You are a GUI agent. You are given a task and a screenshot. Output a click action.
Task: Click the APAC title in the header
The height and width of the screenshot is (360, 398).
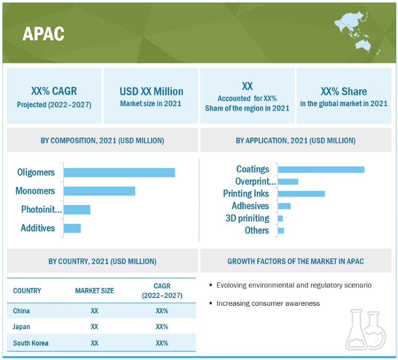click(x=44, y=34)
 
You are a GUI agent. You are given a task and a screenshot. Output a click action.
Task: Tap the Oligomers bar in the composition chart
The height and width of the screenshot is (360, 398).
click(x=119, y=172)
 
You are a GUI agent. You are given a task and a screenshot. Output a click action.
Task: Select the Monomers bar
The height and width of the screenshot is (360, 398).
click(x=99, y=191)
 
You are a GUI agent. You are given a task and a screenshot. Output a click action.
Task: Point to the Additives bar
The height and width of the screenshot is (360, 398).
click(x=72, y=228)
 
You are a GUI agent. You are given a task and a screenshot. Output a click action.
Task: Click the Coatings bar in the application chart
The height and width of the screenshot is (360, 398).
click(x=321, y=169)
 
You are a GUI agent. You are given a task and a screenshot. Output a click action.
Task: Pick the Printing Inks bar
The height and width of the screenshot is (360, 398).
click(x=301, y=194)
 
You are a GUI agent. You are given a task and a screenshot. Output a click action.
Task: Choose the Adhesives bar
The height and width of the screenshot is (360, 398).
click(x=284, y=206)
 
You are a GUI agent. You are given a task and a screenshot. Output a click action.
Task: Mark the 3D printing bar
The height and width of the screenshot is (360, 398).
click(x=280, y=218)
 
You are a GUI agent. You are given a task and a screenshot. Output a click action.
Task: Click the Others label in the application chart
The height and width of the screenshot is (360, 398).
click(x=257, y=230)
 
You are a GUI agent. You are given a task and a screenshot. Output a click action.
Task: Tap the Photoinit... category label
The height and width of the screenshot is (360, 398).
click(x=41, y=210)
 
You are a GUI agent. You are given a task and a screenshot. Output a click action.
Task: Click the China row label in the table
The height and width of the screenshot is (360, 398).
click(x=22, y=311)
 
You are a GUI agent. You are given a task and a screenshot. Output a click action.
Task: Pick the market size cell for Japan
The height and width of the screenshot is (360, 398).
click(x=94, y=327)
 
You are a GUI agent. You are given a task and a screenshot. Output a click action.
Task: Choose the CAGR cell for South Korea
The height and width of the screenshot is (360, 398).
click(x=162, y=343)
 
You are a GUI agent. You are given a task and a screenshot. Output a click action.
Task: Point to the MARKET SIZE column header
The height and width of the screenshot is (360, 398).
click(x=94, y=290)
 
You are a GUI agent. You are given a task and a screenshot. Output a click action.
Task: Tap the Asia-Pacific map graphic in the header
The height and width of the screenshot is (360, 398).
click(x=358, y=32)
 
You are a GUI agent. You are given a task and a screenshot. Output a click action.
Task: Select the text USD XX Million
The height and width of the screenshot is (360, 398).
click(x=151, y=91)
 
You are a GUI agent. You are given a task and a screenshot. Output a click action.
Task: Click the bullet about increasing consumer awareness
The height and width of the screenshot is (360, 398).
click(x=268, y=303)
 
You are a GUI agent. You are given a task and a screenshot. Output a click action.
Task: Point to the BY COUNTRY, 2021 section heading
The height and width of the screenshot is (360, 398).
click(x=102, y=261)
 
